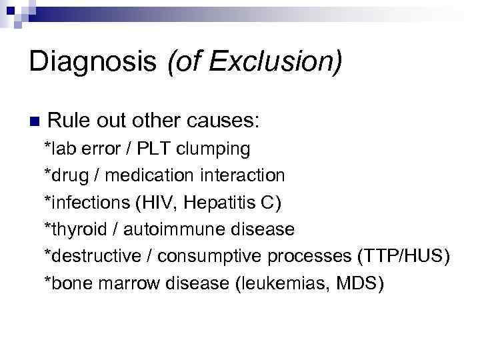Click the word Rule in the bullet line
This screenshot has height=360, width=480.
coord(66,122)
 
